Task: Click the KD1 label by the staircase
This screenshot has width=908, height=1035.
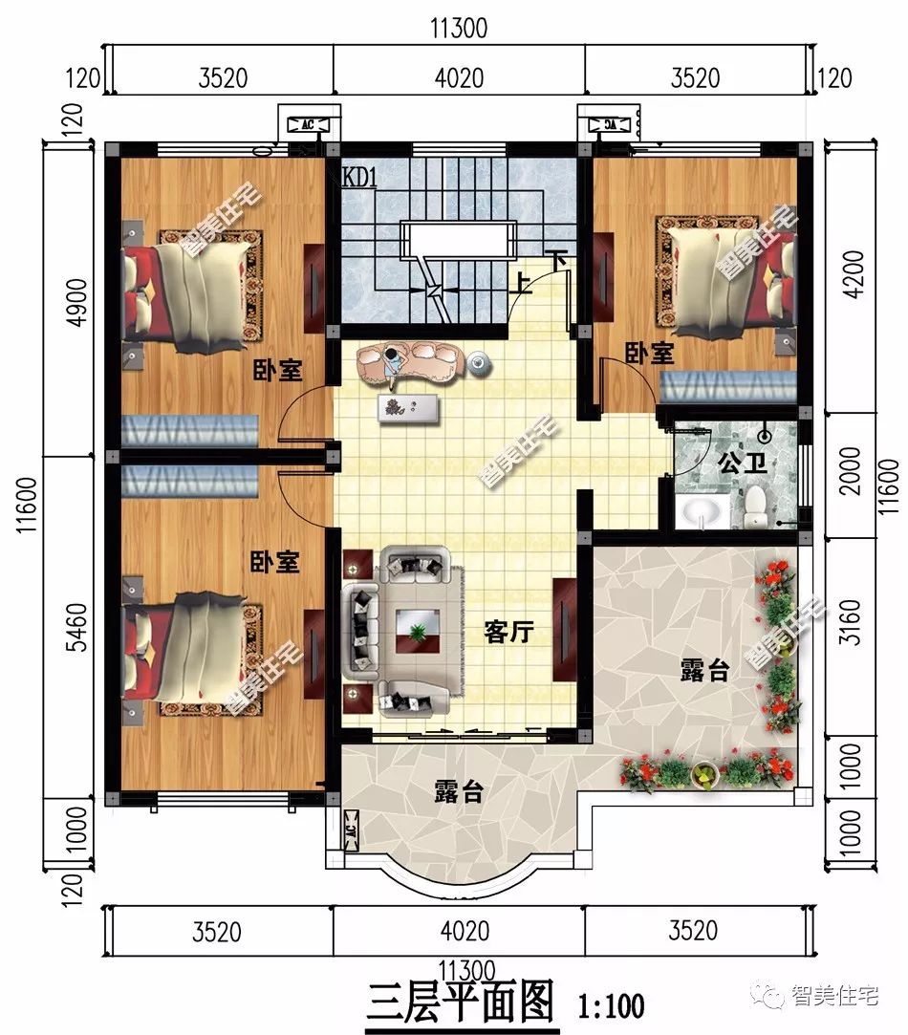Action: pos(360,177)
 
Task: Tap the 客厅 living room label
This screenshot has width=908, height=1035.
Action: pos(508,632)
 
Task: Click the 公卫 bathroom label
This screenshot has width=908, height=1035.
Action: pos(743,463)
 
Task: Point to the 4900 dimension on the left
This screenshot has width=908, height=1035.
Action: pos(76,302)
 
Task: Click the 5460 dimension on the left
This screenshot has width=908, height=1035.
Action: pos(76,626)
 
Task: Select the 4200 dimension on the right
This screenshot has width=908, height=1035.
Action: pos(854,274)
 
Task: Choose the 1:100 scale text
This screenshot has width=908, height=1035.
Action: pos(611,1006)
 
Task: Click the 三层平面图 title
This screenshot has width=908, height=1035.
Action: pos(461,1002)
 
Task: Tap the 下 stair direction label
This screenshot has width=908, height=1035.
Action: pos(559,260)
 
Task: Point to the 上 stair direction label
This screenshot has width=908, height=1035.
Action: pos(523,284)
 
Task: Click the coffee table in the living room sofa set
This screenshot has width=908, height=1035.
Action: pos(417,632)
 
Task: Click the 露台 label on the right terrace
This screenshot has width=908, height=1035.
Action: pos(704,671)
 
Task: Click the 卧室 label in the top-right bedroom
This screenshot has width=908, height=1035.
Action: pos(650,354)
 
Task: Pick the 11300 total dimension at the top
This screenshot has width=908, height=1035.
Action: pos(459,29)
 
